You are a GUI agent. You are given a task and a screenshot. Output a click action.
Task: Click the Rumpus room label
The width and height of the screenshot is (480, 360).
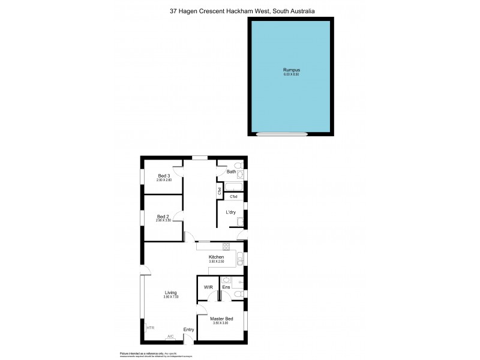click(x=291, y=70)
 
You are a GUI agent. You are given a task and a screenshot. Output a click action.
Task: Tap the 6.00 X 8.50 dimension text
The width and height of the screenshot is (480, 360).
click(x=291, y=74)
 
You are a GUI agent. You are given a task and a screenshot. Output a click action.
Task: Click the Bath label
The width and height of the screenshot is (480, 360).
click(x=231, y=172)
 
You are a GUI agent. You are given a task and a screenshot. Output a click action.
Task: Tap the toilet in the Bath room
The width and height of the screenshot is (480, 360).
click(x=238, y=165)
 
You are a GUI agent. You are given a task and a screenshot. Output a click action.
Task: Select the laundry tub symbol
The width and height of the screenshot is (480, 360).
click(x=239, y=223)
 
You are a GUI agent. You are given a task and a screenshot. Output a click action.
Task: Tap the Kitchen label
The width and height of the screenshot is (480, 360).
click(x=216, y=257)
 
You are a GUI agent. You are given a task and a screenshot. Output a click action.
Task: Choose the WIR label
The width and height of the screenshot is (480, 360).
click(x=208, y=287)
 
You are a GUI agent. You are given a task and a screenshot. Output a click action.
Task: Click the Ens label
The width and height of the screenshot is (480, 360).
click(x=226, y=287)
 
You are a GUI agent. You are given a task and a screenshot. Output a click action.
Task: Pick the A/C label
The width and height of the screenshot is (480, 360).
click(x=170, y=336)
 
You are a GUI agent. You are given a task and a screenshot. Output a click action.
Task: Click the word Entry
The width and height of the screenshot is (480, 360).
click(x=188, y=329)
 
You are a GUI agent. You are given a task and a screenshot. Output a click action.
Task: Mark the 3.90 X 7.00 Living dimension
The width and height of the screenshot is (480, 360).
click(x=171, y=297)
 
